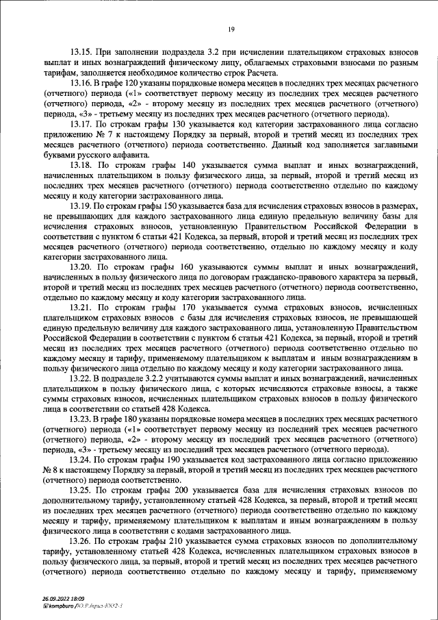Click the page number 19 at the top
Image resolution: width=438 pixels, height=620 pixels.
tap(232, 28)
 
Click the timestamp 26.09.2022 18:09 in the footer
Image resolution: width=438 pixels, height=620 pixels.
tap(60, 600)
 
